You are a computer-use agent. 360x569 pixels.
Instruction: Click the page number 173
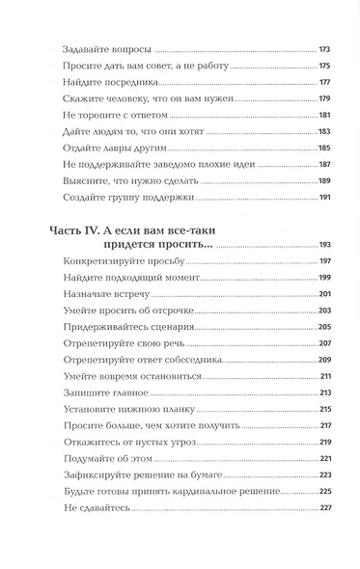324,48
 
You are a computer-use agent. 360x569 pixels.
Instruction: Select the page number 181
324,115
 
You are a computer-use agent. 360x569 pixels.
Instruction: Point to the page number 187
324,164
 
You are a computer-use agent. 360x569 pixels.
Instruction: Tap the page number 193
324,246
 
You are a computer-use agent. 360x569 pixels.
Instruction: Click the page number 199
324,278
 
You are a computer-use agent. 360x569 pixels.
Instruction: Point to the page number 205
324,327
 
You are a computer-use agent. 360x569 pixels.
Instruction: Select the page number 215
324,409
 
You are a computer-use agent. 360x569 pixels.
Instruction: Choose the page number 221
324,458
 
